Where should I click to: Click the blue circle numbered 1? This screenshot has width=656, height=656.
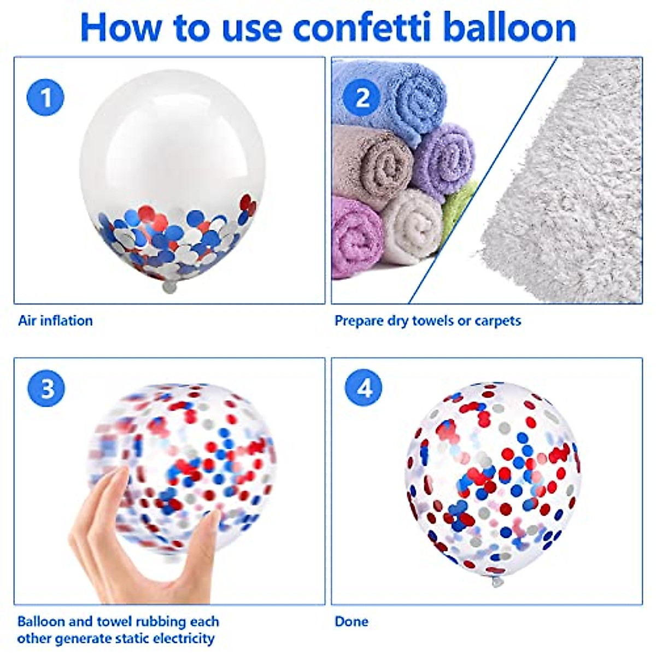point(45,98)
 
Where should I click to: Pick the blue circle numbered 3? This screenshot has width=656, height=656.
point(46,389)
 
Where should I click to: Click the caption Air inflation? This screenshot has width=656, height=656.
point(55,320)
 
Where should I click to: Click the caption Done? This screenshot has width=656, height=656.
point(352,622)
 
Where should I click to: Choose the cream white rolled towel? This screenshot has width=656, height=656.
point(413,227)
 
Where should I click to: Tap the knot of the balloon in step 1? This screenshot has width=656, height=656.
point(170,286)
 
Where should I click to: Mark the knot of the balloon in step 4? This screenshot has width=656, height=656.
point(496,581)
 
